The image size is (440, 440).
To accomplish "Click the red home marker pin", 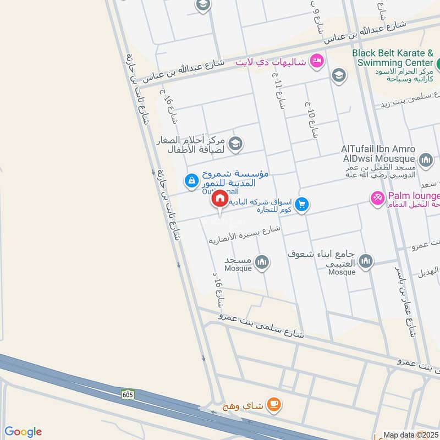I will [219, 199].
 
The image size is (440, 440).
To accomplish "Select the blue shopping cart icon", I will [301, 205].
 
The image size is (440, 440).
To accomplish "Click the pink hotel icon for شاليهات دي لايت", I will [316, 60].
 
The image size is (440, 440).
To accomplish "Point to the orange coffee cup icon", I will [273, 405].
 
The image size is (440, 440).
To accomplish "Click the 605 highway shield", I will [128, 394].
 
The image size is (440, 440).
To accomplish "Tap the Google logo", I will [23, 432].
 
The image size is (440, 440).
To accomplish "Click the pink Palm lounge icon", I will [378, 197].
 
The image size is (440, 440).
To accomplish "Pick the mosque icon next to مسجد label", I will [262, 262].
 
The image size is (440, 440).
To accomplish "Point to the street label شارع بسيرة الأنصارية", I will [245, 234].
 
